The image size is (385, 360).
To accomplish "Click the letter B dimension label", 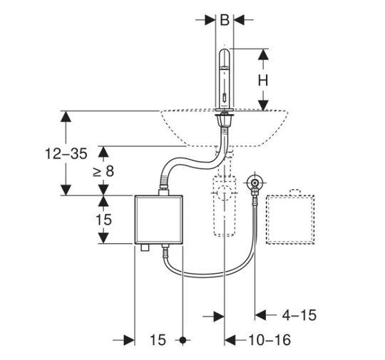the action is (225, 20).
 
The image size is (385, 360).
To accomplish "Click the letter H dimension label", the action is (263, 80).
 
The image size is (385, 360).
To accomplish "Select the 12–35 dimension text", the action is (66, 154).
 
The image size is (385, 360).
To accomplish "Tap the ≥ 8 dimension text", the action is (103, 171).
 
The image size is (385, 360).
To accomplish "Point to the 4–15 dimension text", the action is (299, 315).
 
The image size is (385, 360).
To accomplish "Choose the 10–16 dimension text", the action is (269, 340).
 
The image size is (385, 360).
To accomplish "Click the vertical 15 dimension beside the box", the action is (103, 220).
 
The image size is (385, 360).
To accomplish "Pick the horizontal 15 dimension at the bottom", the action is (158, 340).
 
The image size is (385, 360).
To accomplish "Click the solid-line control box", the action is (158, 220).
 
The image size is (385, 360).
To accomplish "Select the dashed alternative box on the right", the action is (290, 220).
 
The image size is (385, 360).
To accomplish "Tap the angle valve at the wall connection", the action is (255, 185).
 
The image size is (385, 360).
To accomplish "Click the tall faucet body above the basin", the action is (225, 78).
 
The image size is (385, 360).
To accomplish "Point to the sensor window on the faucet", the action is (224, 98).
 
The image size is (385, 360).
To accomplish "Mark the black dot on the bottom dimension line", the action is (183, 340).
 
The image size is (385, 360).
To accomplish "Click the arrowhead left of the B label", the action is (210, 20).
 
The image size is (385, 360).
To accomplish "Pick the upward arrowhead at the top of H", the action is (263, 54).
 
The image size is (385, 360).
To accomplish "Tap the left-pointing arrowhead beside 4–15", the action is (260, 315).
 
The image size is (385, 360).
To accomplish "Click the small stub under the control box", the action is (145, 247).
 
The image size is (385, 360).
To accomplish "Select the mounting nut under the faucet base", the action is (224, 120).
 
